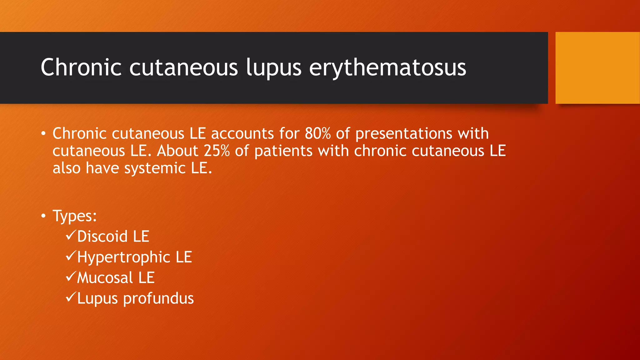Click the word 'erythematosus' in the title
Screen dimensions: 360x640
click(x=387, y=67)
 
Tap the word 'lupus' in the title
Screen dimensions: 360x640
click(x=273, y=67)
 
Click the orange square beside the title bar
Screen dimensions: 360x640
click(x=597, y=67)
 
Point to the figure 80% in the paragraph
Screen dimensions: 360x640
click(x=317, y=133)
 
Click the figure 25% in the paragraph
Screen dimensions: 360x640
click(x=217, y=151)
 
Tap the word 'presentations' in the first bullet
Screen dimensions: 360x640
click(x=404, y=134)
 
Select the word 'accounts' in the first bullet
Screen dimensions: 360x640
click(x=242, y=134)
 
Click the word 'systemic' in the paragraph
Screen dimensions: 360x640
click(x=155, y=168)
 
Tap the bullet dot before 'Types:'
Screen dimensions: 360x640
click(x=43, y=216)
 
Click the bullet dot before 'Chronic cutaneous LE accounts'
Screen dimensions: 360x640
click(x=43, y=134)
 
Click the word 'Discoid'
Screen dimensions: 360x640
click(x=102, y=236)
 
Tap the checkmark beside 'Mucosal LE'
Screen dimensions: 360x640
click(x=71, y=276)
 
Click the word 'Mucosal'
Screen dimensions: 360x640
click(x=105, y=278)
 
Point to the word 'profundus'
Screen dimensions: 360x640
click(x=158, y=299)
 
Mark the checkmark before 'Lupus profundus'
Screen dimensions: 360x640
click(x=71, y=297)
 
